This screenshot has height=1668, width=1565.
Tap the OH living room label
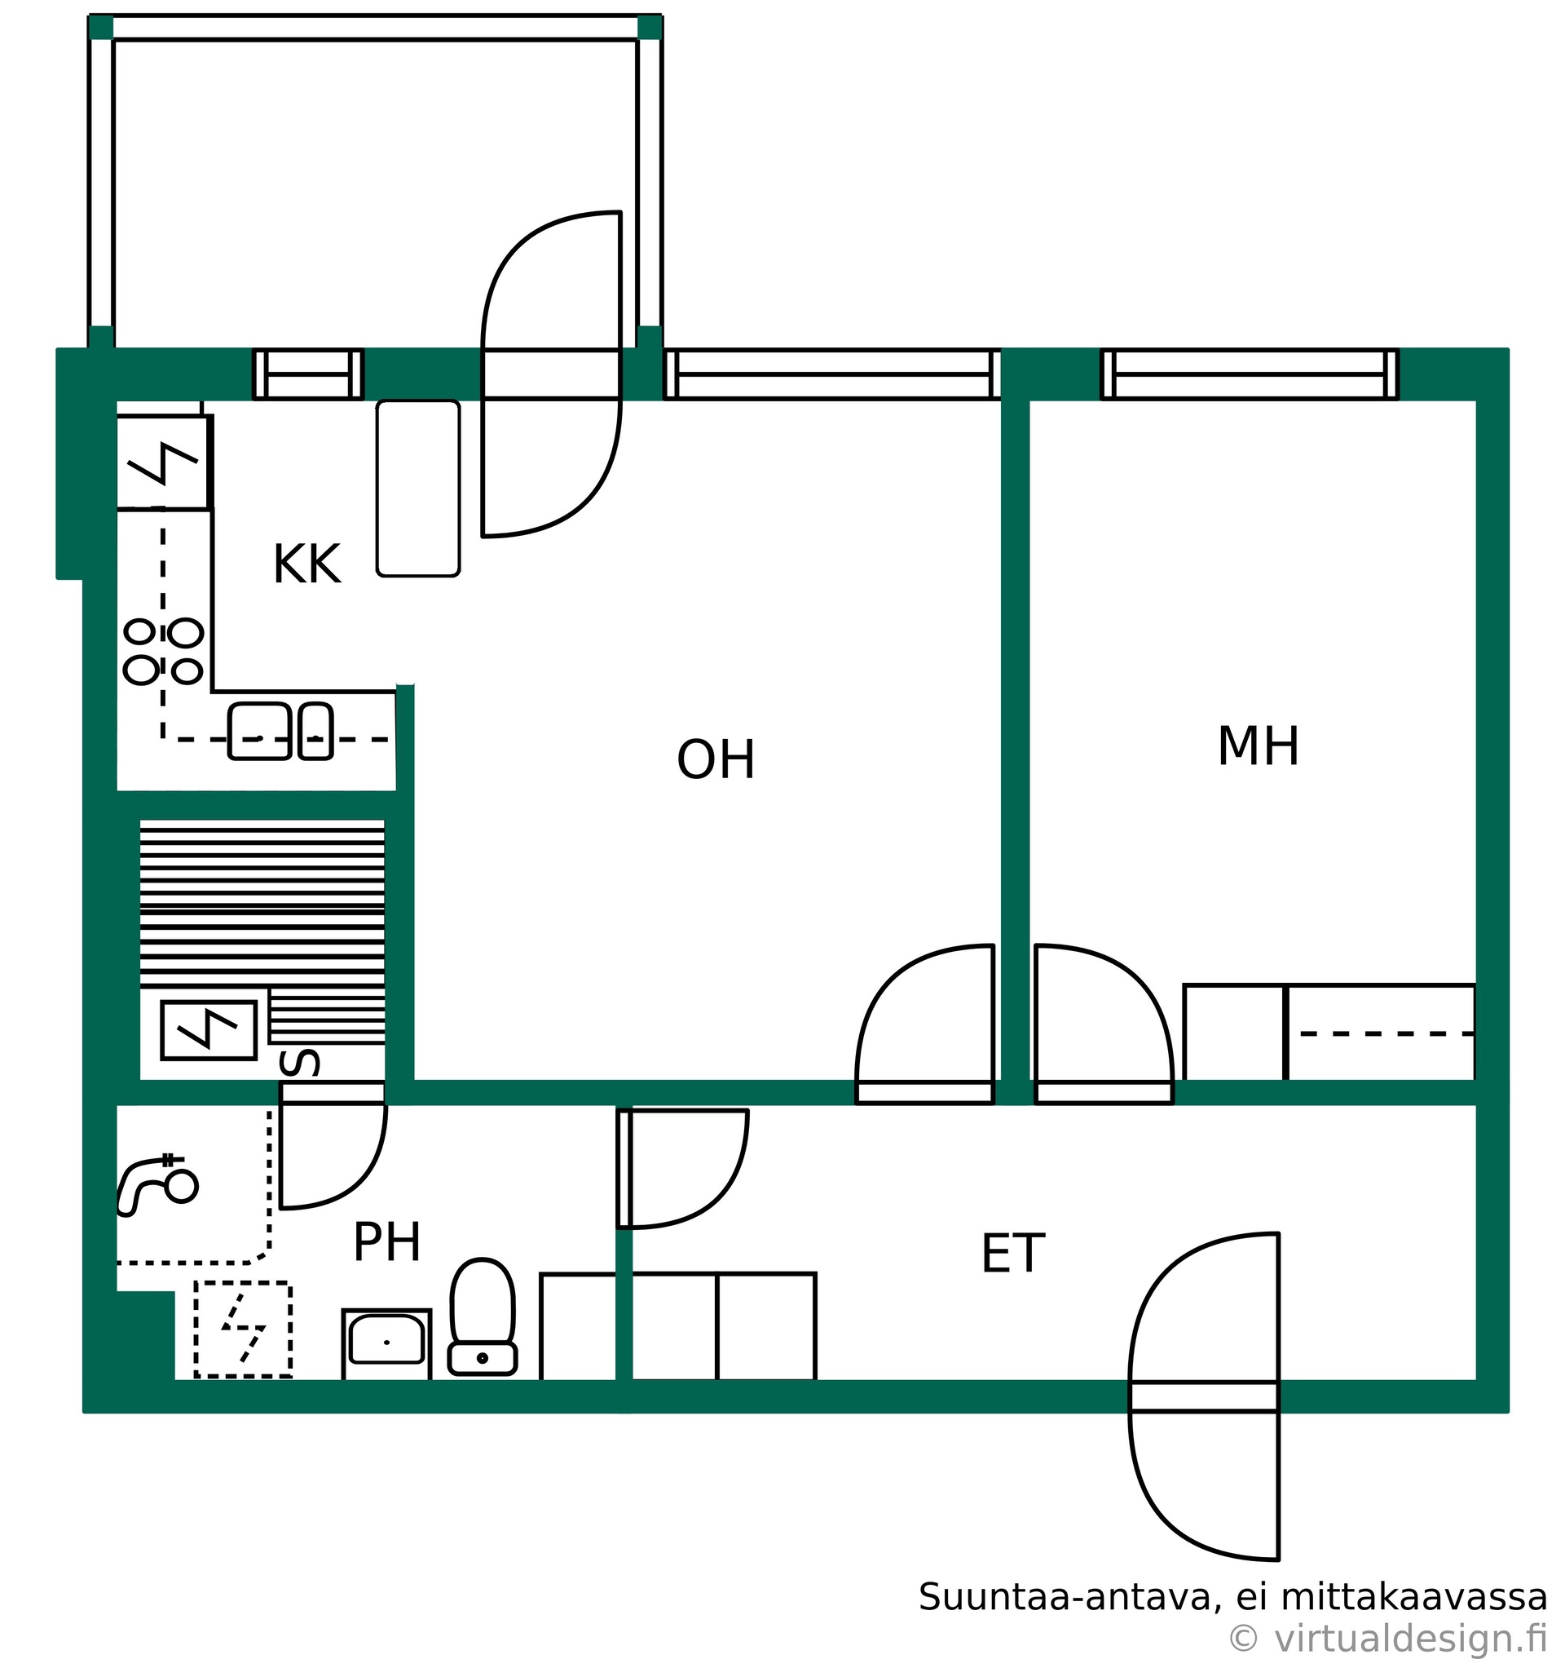716,759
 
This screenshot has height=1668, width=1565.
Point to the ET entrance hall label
1012,1254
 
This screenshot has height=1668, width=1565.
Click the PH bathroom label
386,1241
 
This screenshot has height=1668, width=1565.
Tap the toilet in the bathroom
483,1317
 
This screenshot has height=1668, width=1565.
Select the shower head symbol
156,1184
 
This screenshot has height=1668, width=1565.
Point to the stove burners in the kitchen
164,652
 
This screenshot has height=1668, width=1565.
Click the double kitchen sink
280,731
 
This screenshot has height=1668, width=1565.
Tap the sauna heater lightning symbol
208,1030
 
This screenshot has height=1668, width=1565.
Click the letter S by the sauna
299,1062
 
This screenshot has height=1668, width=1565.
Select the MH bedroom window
1249,374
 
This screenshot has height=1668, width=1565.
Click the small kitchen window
309,374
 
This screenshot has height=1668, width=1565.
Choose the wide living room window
832,374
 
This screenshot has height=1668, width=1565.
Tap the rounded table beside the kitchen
418,489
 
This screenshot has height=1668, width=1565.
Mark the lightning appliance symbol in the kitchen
163,462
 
